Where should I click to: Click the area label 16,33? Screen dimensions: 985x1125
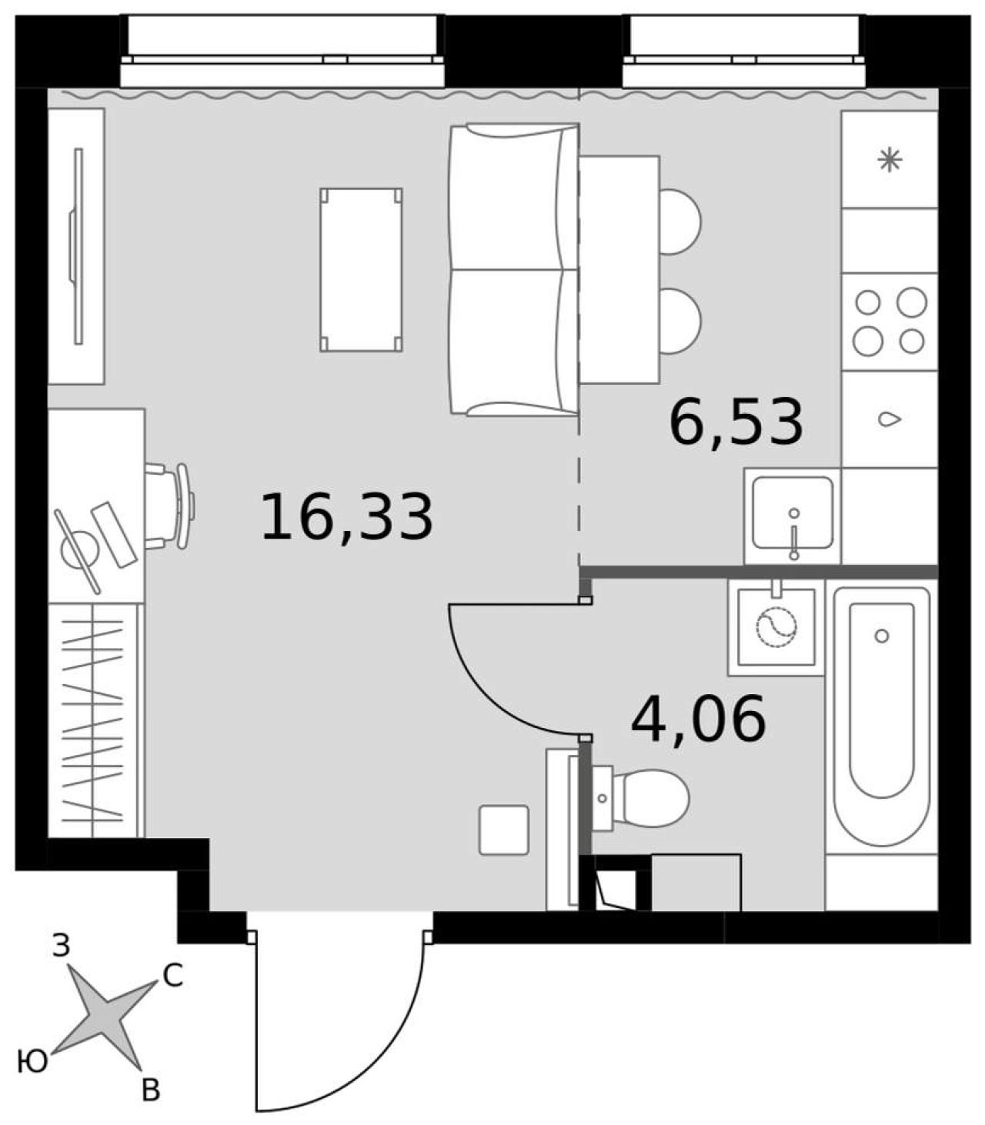(347, 517)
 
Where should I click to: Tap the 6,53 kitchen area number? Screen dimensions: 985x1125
(736, 422)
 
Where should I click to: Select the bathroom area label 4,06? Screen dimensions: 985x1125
(699, 718)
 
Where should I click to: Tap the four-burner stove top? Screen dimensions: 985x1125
(890, 322)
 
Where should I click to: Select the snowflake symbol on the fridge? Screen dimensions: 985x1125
(890, 160)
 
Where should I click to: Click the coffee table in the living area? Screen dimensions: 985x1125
(361, 270)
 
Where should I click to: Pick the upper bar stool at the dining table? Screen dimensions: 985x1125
(680, 222)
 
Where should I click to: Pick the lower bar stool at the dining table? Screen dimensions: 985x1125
(680, 321)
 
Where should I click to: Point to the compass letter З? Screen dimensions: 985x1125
(62, 945)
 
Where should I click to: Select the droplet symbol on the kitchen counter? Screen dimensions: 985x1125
(890, 419)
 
